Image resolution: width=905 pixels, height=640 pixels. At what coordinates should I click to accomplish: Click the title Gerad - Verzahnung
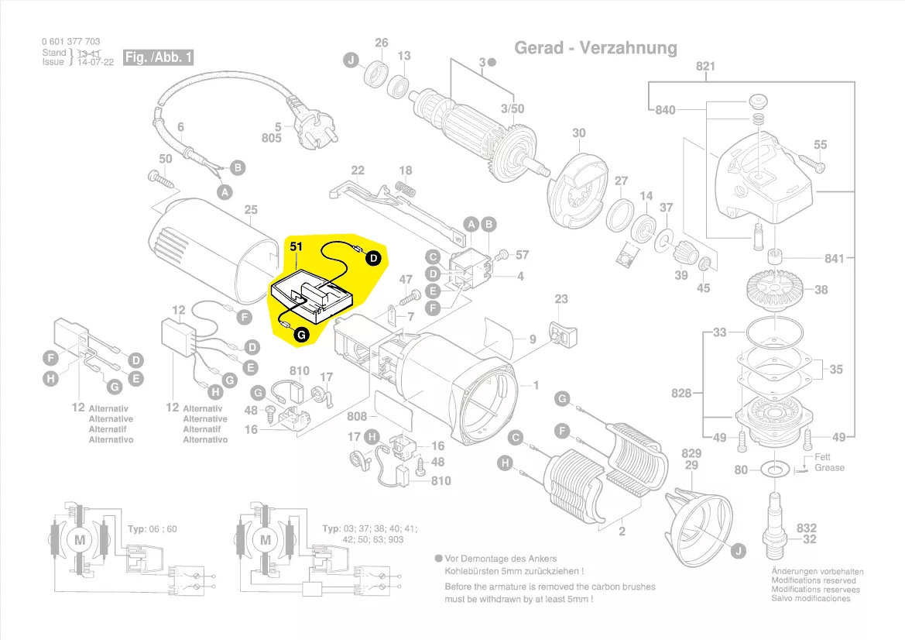coord(595,48)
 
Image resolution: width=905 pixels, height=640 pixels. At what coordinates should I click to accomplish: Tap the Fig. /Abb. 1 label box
coord(159,58)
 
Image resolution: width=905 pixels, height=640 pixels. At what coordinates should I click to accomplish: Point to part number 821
coord(705,67)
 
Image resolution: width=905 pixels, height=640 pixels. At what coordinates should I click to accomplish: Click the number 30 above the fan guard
coord(579,133)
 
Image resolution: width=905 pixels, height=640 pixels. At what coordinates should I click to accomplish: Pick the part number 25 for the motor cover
coord(250,210)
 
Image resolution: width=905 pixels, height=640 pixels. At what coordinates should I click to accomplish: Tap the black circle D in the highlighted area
coord(373,258)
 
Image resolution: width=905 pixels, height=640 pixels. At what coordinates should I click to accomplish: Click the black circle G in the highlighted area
coord(301,334)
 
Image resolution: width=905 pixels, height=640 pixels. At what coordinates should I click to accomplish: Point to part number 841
coord(834,258)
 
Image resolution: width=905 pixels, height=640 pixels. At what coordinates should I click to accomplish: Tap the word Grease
coord(829,468)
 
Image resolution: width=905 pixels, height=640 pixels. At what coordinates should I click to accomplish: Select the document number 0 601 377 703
coord(70,42)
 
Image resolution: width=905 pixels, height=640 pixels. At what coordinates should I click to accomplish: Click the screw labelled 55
coord(809,163)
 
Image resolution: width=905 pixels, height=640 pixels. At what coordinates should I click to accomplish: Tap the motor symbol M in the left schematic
coord(79,538)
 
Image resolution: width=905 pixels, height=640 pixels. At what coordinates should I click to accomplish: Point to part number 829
coord(691,454)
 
